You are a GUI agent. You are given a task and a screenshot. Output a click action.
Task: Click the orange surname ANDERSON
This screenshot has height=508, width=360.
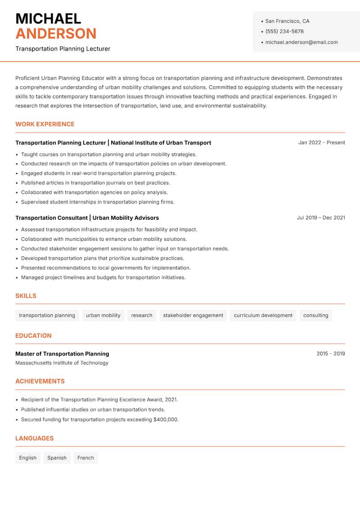(56, 34)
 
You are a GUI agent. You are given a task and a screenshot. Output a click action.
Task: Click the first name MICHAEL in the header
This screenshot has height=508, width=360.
(48, 18)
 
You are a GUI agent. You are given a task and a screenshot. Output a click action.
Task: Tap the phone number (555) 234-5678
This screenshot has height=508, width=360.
(284, 31)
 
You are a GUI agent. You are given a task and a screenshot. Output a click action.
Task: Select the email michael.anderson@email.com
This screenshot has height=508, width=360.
(301, 42)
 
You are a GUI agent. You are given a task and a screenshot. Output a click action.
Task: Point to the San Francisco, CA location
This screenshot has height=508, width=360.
(287, 21)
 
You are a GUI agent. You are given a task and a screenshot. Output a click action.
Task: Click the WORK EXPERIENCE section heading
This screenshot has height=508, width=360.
(45, 124)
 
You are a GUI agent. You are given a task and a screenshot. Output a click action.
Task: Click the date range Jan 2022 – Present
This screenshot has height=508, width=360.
(321, 143)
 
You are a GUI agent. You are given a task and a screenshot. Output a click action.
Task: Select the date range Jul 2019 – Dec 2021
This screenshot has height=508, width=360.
(320, 218)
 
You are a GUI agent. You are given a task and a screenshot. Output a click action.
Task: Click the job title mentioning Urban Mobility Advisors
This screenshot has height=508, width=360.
(87, 218)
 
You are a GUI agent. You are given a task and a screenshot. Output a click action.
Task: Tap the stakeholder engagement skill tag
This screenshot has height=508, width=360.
(193, 315)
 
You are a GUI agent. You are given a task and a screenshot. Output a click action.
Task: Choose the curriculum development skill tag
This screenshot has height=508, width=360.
(263, 315)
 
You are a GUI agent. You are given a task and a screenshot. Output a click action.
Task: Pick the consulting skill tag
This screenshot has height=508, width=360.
(315, 315)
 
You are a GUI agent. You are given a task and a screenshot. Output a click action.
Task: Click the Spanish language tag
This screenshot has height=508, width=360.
(57, 458)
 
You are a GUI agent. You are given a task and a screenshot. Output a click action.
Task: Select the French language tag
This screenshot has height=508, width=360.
(85, 458)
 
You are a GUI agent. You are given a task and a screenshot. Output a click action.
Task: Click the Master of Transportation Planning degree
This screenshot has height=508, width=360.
(62, 354)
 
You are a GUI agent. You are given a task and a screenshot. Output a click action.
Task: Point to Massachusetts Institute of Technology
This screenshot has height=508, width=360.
(62, 363)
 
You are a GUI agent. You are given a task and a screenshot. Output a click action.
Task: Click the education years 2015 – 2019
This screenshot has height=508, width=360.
(330, 354)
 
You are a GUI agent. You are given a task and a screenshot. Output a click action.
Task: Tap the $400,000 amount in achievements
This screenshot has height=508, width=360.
(165, 419)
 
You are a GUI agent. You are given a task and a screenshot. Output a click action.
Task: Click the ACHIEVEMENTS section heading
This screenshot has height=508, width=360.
(40, 381)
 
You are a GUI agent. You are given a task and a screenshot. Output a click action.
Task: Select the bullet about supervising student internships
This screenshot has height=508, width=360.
(98, 202)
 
